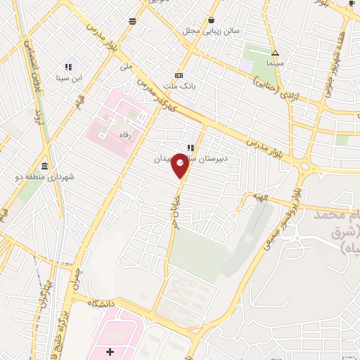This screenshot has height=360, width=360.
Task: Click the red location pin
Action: [x=181, y=165]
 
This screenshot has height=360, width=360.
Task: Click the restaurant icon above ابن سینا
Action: [x=68, y=67]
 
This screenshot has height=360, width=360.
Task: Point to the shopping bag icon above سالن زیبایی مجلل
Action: [x=212, y=20]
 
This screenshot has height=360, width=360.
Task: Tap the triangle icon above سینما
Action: [x=275, y=53]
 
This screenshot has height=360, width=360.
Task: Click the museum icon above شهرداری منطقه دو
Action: [x=45, y=166]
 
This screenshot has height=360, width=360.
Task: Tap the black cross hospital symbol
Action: [x=109, y=351]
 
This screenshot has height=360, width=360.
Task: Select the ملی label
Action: [x=127, y=67]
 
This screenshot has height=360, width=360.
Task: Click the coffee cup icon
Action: [x=352, y=4]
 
